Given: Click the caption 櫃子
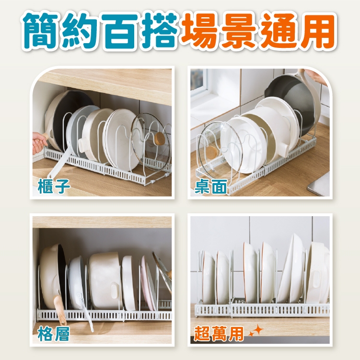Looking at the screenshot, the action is pyautogui.click(x=54, y=186).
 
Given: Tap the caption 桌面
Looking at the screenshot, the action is pyautogui.click(x=210, y=186).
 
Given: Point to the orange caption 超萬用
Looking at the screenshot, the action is pyautogui.click(x=218, y=333).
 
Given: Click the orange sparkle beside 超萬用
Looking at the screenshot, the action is pyautogui.click(x=256, y=331).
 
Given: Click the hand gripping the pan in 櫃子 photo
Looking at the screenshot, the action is pyautogui.click(x=39, y=142).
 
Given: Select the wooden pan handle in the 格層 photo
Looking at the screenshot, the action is pyautogui.click(x=60, y=309).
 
